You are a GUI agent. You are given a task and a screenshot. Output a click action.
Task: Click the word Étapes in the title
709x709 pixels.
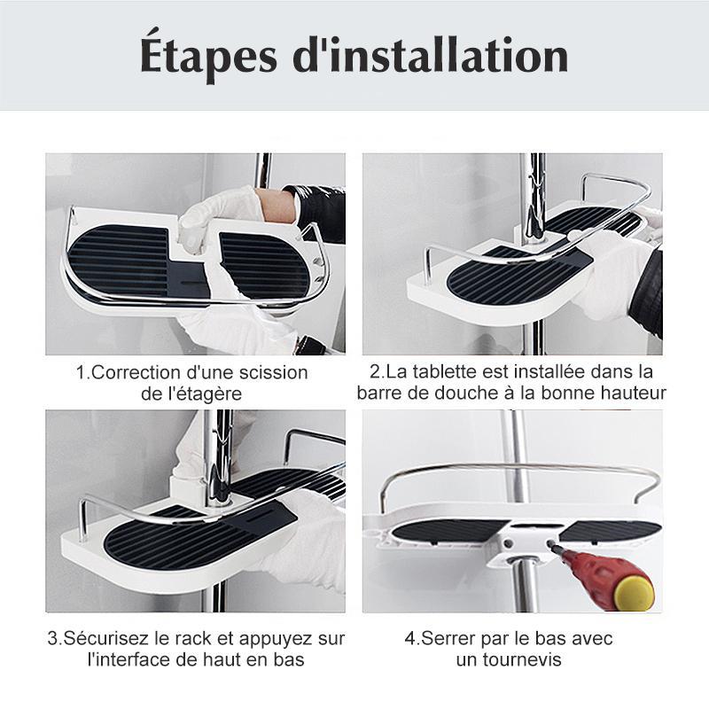[x=208, y=55]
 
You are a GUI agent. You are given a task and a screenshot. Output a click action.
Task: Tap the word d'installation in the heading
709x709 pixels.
[x=431, y=55]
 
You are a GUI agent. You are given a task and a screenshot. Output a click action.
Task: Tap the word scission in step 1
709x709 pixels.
[x=274, y=372]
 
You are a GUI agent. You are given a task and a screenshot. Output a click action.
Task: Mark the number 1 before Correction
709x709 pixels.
[x=81, y=372]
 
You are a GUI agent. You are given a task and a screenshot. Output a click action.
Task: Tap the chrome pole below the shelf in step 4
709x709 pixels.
[x=523, y=587]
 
